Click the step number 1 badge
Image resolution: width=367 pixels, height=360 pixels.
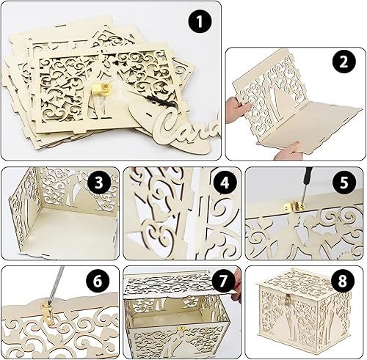click(x=200, y=21)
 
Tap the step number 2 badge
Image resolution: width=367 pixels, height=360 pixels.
click(x=344, y=62)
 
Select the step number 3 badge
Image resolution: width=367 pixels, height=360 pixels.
click(x=98, y=183)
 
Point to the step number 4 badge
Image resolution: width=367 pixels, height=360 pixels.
click(x=225, y=183)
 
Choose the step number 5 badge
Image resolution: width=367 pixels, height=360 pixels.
click(x=344, y=182)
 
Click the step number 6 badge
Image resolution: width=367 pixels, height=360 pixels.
click(x=98, y=281)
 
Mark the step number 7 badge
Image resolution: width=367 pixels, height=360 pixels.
click(x=222, y=281)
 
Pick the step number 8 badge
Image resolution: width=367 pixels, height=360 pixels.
click(x=342, y=281)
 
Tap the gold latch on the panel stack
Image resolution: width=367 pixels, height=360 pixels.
click(x=101, y=89)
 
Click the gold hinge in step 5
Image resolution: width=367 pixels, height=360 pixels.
click(x=294, y=206)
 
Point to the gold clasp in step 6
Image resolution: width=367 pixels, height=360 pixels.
click(x=48, y=314)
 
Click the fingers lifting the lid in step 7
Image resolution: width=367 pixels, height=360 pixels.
click(x=236, y=284)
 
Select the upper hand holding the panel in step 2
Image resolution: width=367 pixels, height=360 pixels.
click(x=236, y=108)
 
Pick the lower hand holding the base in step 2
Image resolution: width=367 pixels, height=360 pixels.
click(x=286, y=150)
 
